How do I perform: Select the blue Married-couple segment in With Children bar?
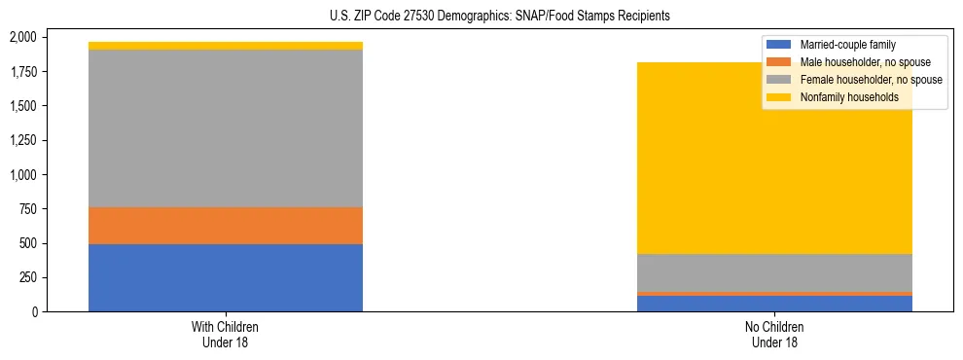226,277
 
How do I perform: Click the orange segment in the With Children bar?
226,226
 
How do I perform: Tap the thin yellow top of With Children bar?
226,46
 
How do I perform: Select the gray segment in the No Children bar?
775,272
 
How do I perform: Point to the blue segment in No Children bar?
775,304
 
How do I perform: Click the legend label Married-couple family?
847,45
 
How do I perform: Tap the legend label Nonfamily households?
848,97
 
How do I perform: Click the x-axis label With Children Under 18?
226,334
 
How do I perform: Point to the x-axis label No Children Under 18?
775,334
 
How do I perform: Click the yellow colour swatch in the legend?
779,97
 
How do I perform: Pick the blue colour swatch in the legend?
779,45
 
